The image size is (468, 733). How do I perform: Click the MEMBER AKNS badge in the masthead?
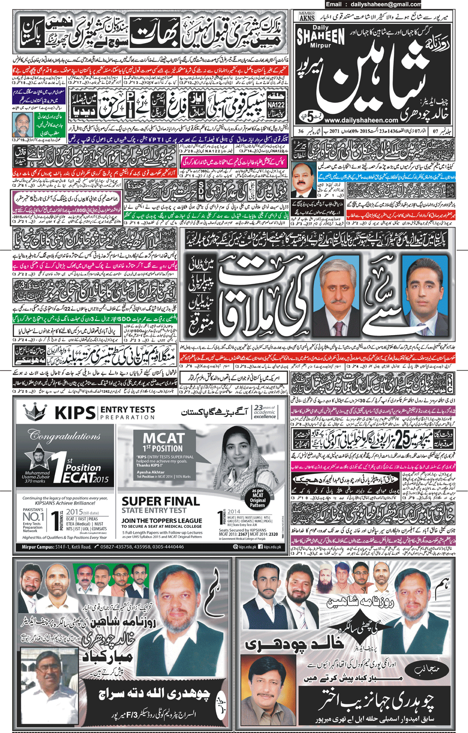307,16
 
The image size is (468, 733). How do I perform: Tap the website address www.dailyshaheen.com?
361,120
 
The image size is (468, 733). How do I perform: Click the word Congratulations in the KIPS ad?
64,436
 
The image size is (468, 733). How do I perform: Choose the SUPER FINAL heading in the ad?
160,501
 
